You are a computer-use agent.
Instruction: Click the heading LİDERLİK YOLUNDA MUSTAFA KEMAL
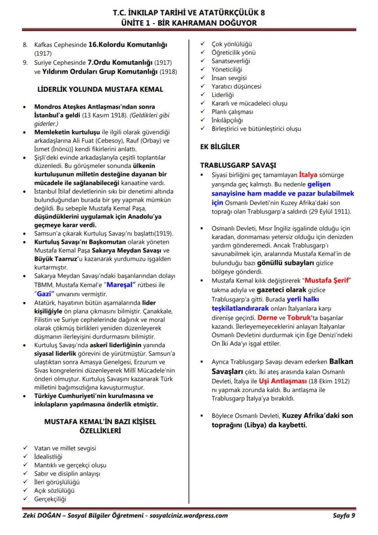(100, 89)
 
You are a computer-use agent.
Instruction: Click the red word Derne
(267, 318)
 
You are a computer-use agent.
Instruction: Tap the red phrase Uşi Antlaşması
(283, 381)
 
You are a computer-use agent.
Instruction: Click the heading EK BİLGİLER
(220, 147)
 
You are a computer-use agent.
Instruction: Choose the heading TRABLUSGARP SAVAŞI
(238, 165)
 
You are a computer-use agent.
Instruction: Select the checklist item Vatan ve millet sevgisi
(65, 448)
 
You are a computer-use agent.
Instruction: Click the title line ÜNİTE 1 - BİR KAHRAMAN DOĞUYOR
(189, 23)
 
